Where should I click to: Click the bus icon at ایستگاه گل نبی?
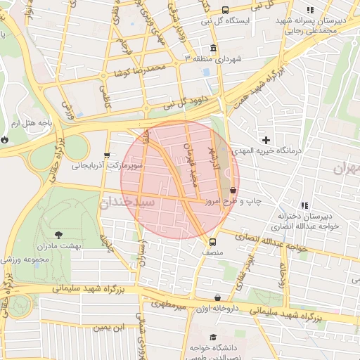coord(225,10)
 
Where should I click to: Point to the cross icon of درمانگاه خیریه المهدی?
coord(266,141)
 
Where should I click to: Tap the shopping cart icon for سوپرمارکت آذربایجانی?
coord(106,155)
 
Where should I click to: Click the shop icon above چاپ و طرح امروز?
coord(233,190)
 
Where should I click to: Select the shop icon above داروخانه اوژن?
coord(217,297)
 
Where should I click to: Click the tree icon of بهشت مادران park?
coord(58,235)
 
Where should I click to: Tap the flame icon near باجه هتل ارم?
coord(6,139)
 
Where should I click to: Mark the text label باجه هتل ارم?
coord(36,123)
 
